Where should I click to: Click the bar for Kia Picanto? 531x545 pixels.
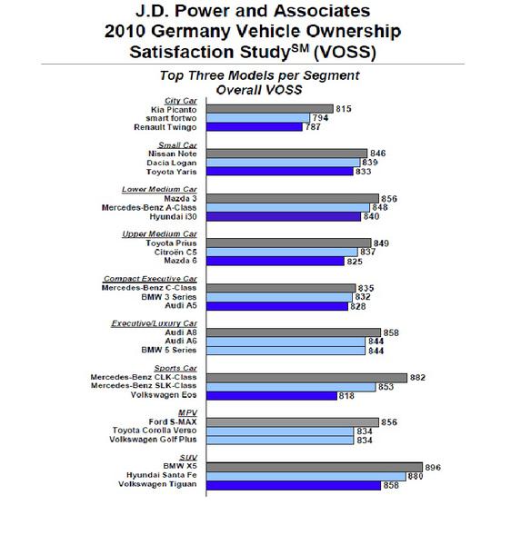270,109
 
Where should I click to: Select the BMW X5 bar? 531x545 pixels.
315,467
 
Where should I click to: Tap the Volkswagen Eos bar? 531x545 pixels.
272,395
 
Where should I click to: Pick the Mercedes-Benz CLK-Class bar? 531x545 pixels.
306,378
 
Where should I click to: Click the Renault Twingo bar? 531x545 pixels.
254,127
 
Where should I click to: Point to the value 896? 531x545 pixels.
433,468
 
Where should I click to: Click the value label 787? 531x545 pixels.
313,127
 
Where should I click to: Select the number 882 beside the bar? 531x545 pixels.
417,378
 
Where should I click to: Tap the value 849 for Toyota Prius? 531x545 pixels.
381,243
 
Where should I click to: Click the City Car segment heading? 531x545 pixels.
181,101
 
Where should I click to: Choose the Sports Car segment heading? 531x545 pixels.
175,368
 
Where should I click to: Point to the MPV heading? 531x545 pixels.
187,413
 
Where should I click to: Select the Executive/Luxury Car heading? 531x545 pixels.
155,323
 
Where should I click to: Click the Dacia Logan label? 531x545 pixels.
172,163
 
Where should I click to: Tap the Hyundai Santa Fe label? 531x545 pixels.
162,475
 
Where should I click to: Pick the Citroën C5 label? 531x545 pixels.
175,252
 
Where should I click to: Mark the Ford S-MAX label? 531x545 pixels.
173,422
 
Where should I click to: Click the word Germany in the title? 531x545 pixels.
191,32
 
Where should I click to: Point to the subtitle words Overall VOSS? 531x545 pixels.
259,90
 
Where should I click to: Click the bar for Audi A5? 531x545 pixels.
277,306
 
